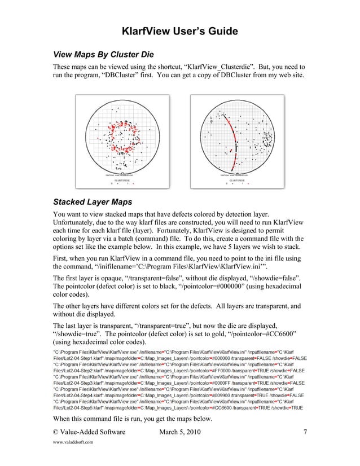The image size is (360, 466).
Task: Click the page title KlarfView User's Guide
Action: coord(180,30)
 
